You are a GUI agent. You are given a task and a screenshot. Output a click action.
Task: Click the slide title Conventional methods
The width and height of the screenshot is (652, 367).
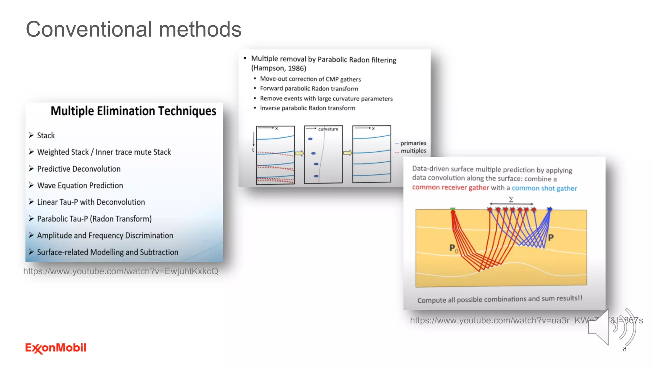pyautogui.click(x=133, y=29)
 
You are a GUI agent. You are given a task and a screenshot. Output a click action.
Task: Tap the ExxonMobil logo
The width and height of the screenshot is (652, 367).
pyautogui.click(x=56, y=348)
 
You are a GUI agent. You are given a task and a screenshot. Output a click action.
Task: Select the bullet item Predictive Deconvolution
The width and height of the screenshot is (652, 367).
pyautogui.click(x=79, y=169)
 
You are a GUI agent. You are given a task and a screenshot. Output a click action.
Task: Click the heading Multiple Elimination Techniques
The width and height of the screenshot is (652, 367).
pyautogui.click(x=133, y=111)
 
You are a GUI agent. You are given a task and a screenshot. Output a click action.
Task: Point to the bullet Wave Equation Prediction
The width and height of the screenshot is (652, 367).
pyautogui.click(x=80, y=185)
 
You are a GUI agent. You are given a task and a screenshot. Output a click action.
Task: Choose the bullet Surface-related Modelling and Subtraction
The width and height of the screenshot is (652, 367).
pyautogui.click(x=108, y=252)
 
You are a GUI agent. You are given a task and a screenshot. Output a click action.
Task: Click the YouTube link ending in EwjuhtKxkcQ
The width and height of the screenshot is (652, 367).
pyautogui.click(x=121, y=271)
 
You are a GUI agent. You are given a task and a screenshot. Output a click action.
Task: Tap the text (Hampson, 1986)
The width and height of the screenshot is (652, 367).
pyautogui.click(x=279, y=68)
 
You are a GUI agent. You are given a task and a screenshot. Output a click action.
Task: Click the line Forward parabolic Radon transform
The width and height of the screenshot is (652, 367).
pyautogui.click(x=309, y=89)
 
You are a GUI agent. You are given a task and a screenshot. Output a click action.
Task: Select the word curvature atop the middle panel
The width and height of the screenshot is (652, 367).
pyautogui.click(x=328, y=129)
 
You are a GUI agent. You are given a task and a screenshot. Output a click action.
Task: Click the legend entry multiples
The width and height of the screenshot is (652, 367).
pyautogui.click(x=413, y=151)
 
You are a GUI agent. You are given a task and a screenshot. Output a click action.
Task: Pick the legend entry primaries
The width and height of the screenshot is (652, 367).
pyautogui.click(x=413, y=143)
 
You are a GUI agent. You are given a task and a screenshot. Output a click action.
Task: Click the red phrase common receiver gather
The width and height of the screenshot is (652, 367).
pyautogui.click(x=450, y=187)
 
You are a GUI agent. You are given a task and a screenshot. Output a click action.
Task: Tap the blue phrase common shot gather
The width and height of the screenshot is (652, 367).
pyautogui.click(x=544, y=188)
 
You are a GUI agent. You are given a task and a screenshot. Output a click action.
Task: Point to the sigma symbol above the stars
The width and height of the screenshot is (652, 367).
pyautogui.click(x=511, y=200)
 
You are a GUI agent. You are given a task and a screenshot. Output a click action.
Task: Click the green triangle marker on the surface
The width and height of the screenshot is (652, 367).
pyautogui.click(x=453, y=209)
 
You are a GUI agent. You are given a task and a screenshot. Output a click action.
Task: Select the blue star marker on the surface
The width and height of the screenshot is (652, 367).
pyautogui.click(x=549, y=209)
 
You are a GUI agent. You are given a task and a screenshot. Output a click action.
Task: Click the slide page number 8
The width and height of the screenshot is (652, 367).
pyautogui.click(x=625, y=349)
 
